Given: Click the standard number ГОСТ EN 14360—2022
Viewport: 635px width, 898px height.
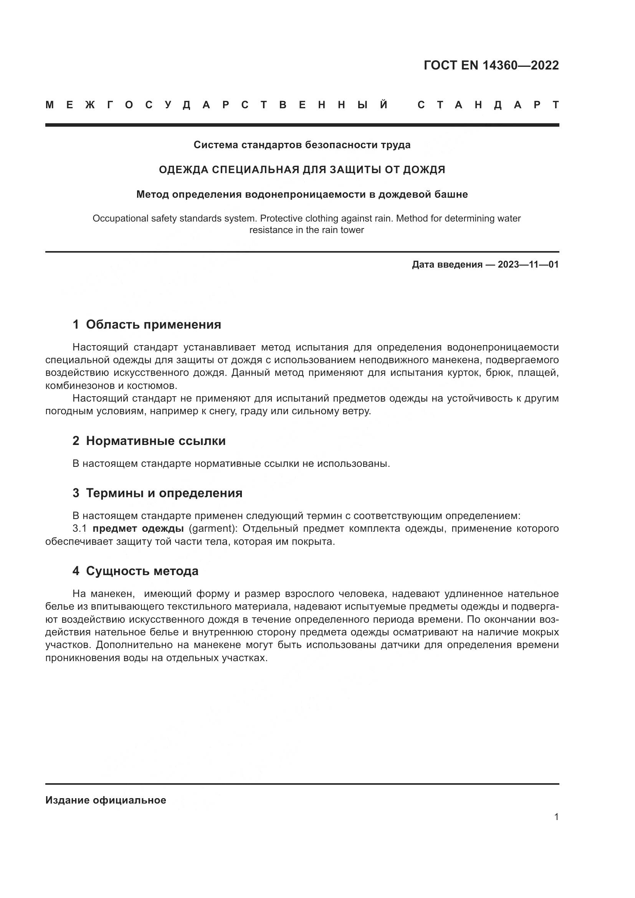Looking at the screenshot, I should tap(491, 65).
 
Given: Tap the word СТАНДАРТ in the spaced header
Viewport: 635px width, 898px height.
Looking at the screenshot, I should tap(488, 105).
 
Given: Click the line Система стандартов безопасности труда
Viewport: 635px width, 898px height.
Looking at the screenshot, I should tap(302, 145).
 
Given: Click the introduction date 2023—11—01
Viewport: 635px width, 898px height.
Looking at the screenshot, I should tap(528, 265).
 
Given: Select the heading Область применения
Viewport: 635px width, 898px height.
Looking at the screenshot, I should tap(153, 324).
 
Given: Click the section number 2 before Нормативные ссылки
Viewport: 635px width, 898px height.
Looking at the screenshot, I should tap(76, 441).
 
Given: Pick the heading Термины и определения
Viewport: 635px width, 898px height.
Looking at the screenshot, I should tap(164, 493).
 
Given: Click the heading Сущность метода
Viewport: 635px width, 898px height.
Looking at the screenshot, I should tap(142, 571).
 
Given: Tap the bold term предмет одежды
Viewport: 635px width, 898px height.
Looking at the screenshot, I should tap(138, 529).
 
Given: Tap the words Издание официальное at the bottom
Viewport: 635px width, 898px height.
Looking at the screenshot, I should tap(106, 800).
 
